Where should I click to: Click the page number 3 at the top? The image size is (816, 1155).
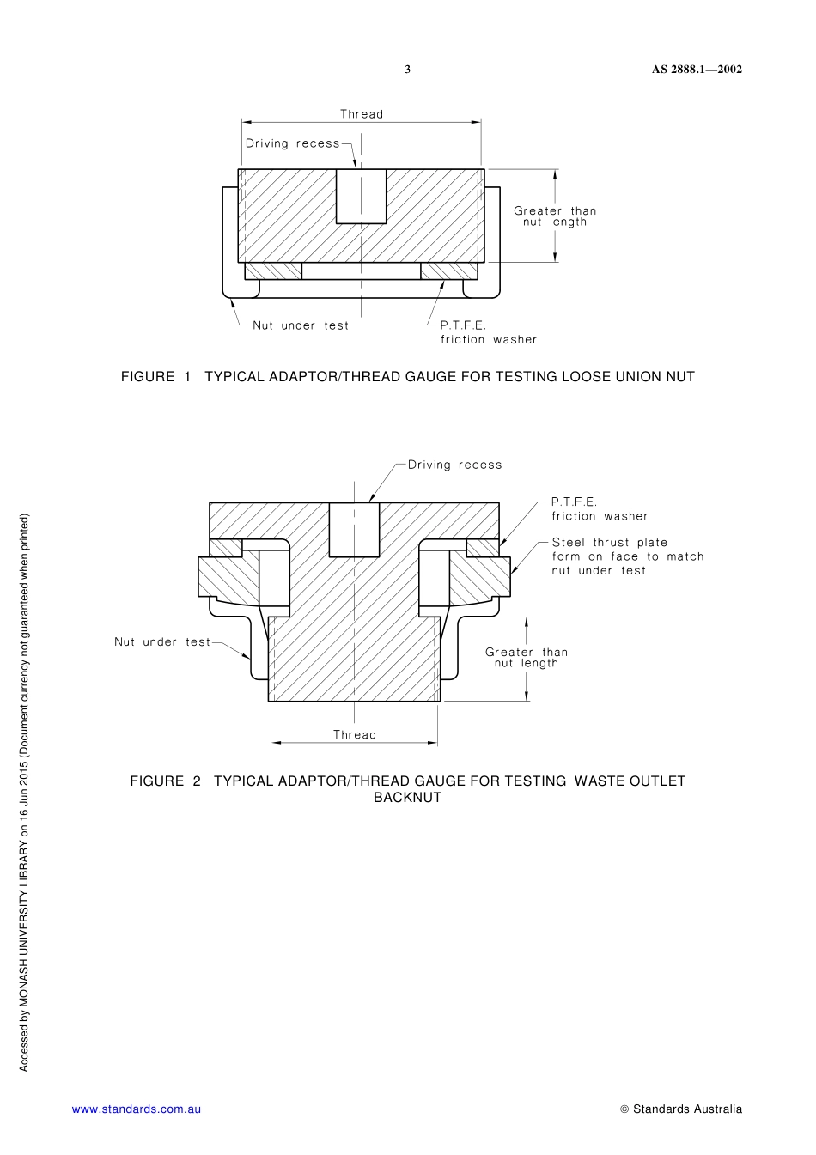(x=408, y=70)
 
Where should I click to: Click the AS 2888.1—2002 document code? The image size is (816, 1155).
(x=696, y=70)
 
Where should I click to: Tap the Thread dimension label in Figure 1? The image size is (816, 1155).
(x=362, y=114)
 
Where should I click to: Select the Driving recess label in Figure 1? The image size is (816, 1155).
(x=293, y=143)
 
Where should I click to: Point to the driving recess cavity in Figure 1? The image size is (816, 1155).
(x=361, y=196)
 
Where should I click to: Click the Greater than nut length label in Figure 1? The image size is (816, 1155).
(x=555, y=216)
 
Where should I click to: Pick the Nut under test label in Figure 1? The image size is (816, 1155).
(x=301, y=325)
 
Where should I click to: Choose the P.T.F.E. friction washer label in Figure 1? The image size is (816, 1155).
(x=488, y=332)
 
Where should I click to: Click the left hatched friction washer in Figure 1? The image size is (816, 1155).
(x=273, y=271)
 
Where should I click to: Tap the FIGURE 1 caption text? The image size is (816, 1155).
(x=407, y=376)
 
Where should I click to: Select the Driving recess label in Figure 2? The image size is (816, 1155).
(x=454, y=465)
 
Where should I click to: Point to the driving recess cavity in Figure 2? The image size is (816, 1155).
(x=355, y=530)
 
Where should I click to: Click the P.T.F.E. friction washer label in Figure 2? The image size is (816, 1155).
(x=599, y=509)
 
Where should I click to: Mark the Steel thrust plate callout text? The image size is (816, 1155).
(x=627, y=556)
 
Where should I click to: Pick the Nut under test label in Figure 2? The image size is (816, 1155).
(x=162, y=641)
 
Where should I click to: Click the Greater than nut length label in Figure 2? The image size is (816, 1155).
(x=527, y=658)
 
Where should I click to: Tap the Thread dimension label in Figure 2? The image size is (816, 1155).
(x=355, y=734)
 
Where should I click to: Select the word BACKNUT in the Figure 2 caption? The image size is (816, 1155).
(x=407, y=797)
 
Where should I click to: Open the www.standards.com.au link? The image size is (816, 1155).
(x=137, y=1109)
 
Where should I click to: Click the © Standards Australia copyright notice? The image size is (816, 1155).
(x=680, y=1109)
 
